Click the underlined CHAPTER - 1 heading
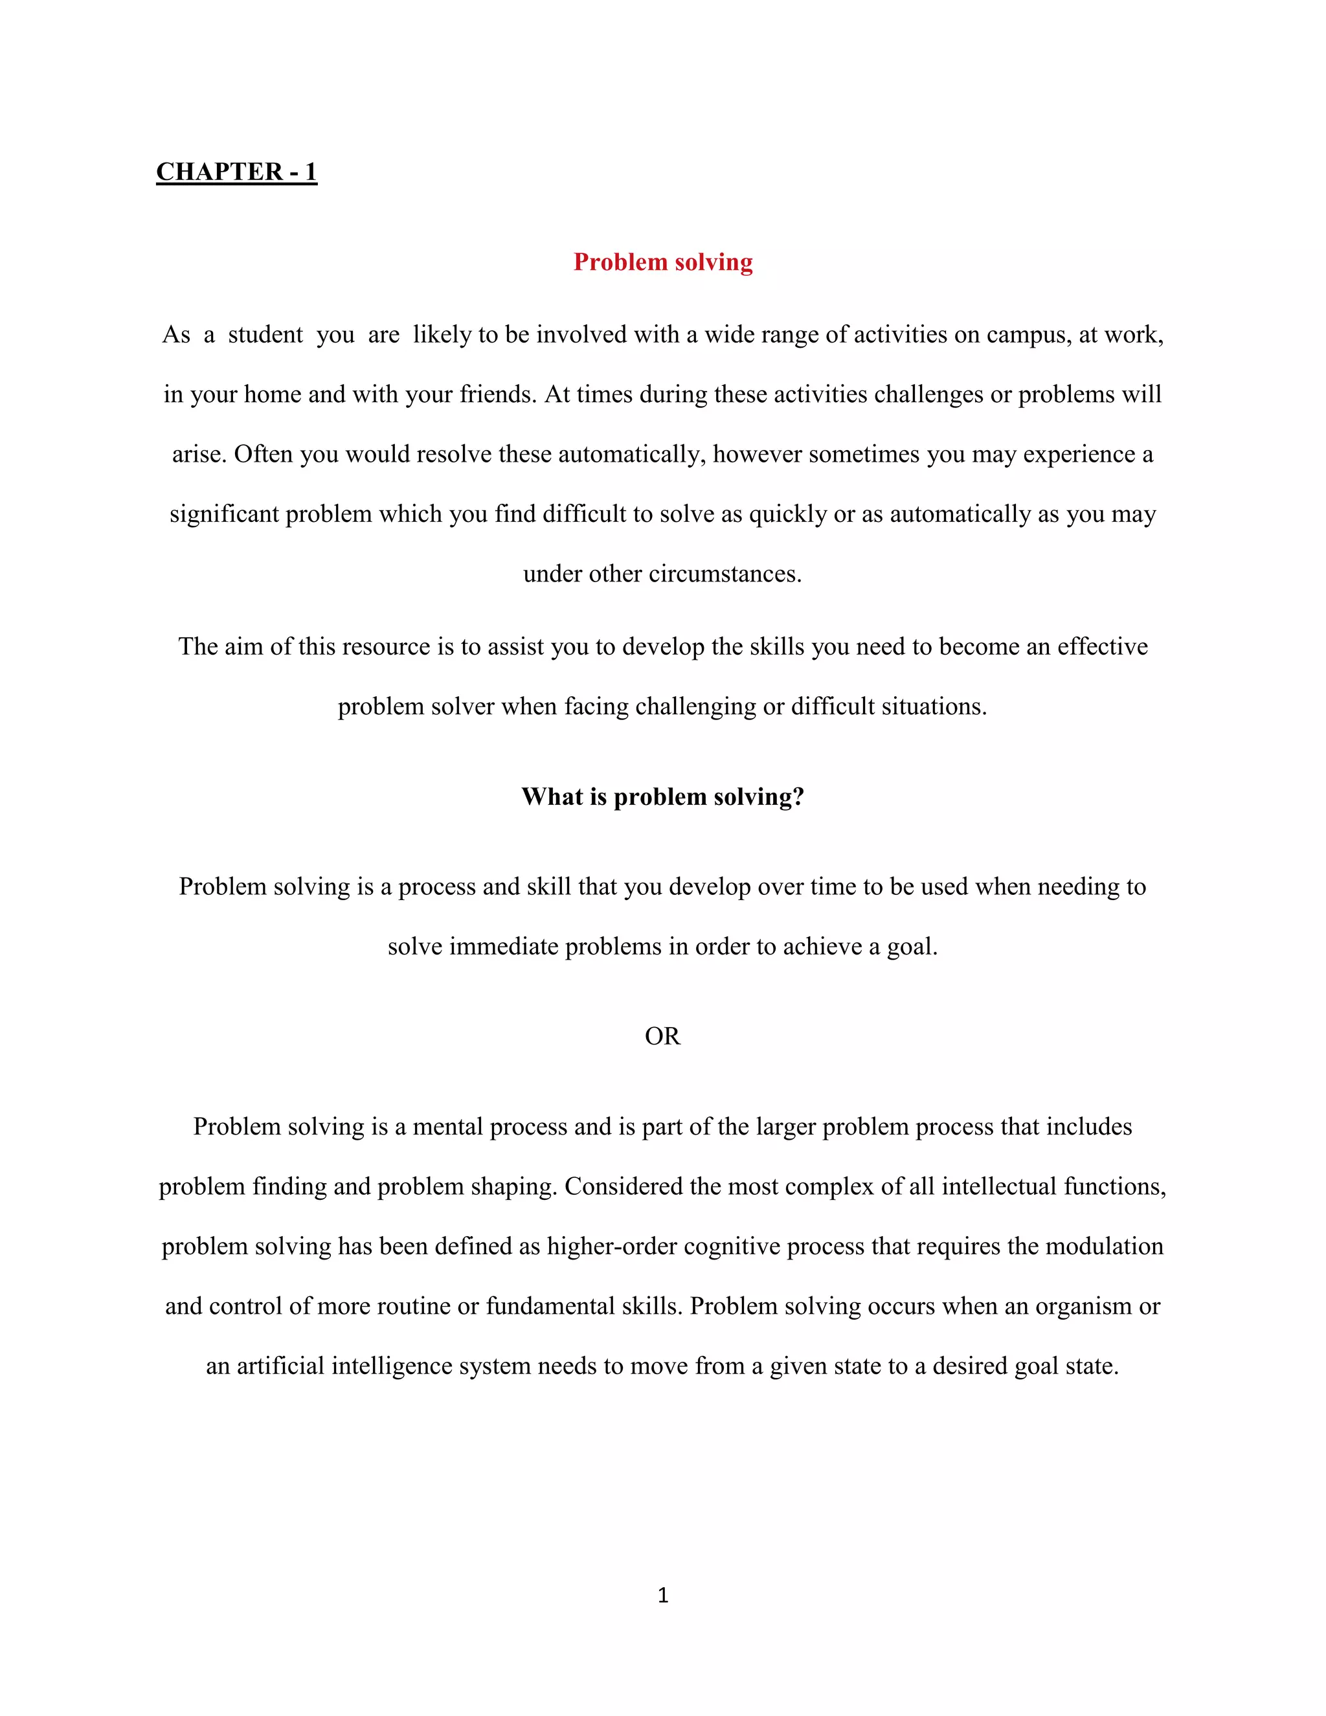click(x=236, y=172)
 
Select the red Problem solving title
click(x=663, y=262)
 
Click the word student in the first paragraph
click(x=265, y=335)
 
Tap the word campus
click(x=1028, y=335)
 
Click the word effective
click(x=1102, y=647)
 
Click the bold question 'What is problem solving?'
click(x=663, y=796)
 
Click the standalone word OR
click(x=662, y=1036)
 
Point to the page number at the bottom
click(x=663, y=1595)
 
